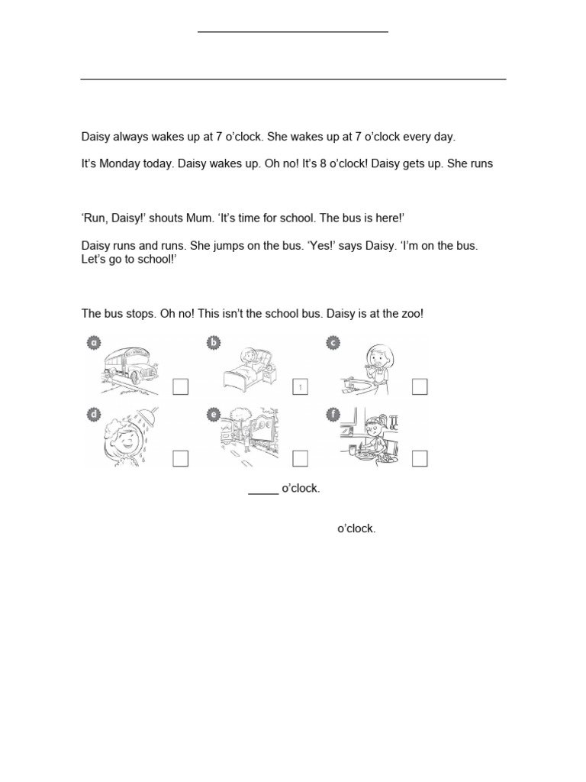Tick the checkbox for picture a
tap(180, 387)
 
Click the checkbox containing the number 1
tap(300, 387)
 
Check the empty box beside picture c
tap(420, 387)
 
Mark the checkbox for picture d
tap(180, 458)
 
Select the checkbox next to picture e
tap(300, 458)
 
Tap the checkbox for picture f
tap(420, 458)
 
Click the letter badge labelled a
tap(94, 344)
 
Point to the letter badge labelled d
tap(94, 415)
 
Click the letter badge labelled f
tap(333, 415)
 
